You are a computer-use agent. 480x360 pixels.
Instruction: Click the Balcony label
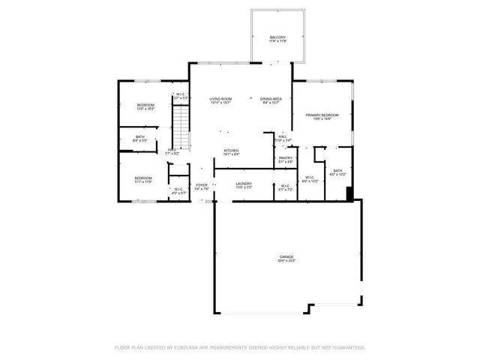coord(277,38)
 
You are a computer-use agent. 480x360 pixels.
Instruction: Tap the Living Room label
coord(220,100)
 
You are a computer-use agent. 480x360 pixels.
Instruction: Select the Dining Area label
coord(271,100)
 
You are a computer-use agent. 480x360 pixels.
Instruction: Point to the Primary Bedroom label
coord(322,116)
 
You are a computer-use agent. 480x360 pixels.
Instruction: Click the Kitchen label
coord(231,152)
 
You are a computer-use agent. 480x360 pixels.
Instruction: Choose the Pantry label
coord(285,159)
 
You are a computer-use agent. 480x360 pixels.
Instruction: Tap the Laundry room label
coord(244,185)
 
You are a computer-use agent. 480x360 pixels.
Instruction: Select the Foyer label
coord(202,186)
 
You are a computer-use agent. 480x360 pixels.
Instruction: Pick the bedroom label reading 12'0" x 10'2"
coord(145,106)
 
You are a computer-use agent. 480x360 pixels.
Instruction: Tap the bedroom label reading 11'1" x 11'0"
coord(144,180)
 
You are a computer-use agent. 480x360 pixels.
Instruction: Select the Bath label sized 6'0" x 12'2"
coord(337,172)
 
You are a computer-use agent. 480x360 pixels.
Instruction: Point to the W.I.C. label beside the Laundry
coord(285,187)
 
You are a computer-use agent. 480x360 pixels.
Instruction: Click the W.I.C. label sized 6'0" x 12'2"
coord(310,179)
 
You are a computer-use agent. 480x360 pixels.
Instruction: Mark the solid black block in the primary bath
coord(349,193)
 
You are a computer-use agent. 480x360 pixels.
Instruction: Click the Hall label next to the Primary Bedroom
coord(283,138)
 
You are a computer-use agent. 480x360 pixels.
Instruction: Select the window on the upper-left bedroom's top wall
coord(146,80)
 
